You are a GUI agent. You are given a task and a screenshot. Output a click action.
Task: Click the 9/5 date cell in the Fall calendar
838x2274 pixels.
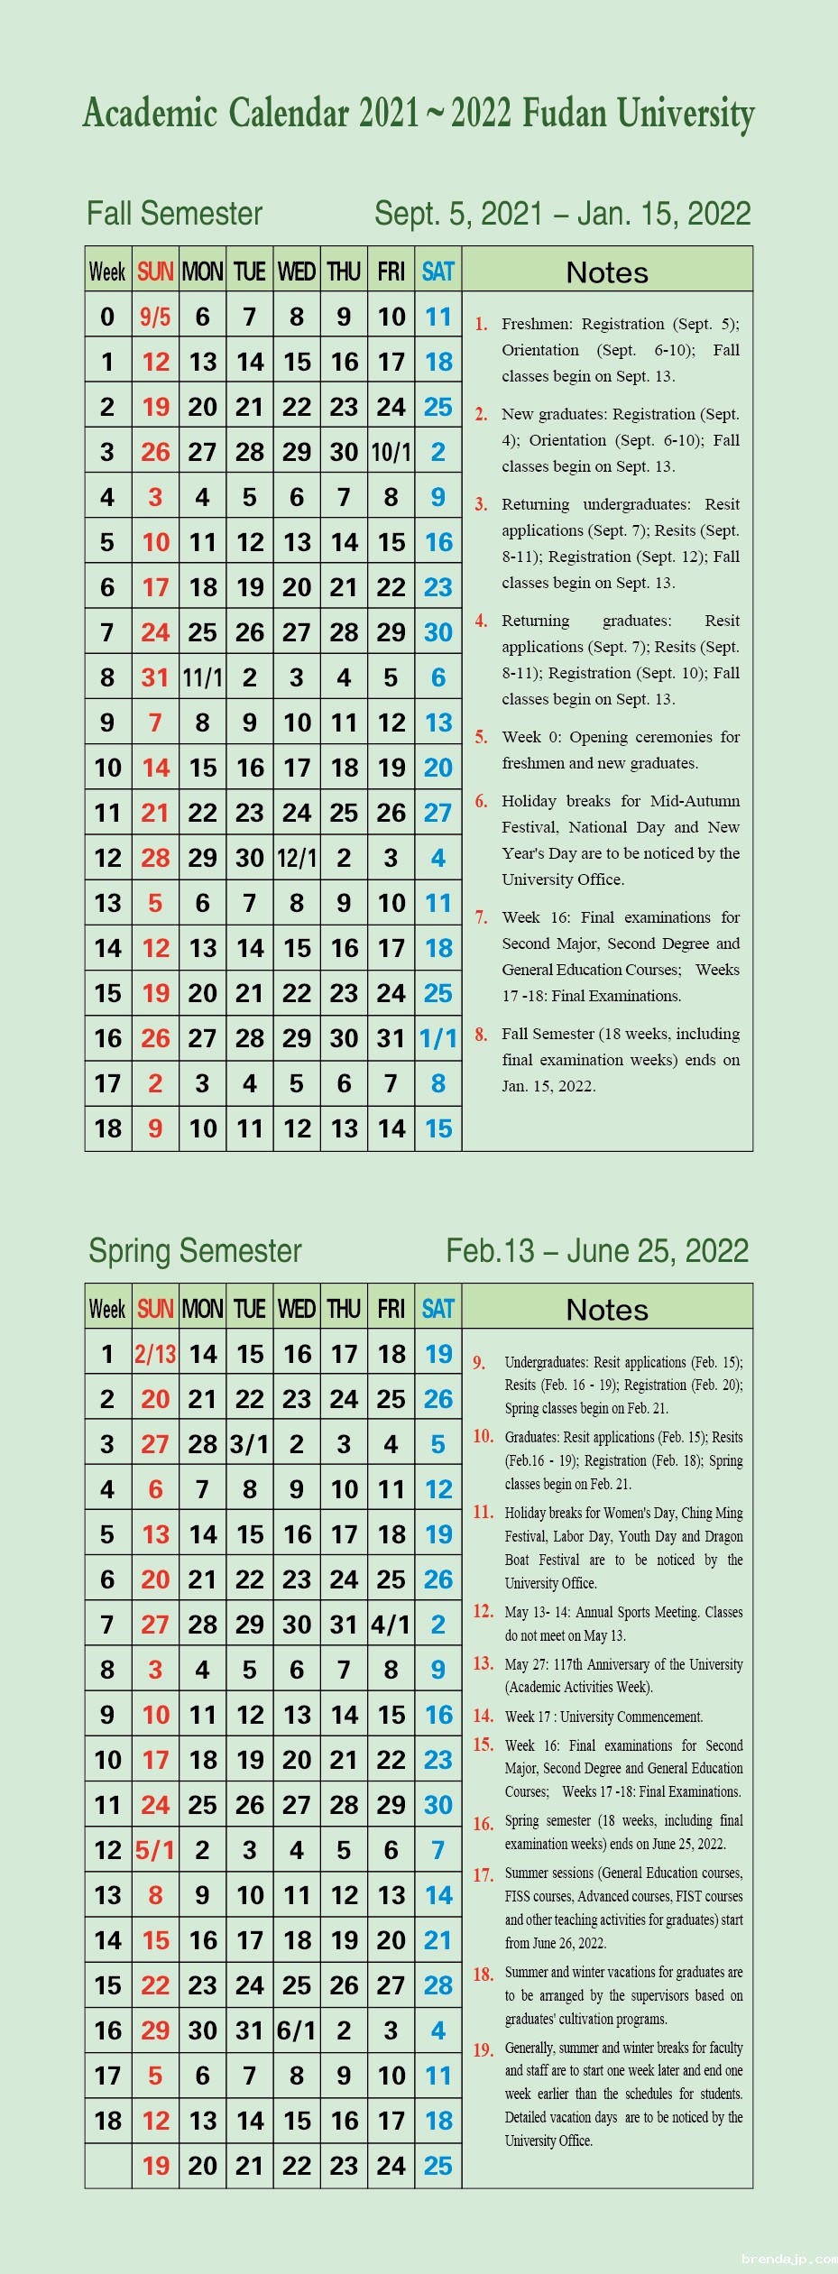coord(155,317)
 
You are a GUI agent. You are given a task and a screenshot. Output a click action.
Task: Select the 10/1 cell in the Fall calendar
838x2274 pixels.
coord(391,452)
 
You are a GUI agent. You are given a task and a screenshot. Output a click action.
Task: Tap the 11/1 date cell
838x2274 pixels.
coord(202,677)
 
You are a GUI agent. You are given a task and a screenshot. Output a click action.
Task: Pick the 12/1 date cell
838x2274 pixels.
coord(297,858)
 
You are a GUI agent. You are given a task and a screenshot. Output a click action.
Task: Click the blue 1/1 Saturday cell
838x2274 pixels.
coord(438,1038)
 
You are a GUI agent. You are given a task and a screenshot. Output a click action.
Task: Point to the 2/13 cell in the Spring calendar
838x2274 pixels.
coord(155,1354)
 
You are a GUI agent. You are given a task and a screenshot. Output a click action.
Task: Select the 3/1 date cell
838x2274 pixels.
coord(250,1444)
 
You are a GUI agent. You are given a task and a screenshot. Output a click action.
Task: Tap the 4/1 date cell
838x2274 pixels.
coord(391,1625)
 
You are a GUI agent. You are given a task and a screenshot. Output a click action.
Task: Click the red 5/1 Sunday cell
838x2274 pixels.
coord(155,1850)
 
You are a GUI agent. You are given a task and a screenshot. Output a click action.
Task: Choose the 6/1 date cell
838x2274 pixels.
coord(297,2030)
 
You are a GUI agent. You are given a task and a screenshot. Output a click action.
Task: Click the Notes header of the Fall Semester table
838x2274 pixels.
coord(607,272)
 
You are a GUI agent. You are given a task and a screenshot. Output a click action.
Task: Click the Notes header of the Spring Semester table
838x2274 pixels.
coord(607,1310)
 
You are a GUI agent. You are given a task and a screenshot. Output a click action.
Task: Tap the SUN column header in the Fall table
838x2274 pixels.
coord(155,272)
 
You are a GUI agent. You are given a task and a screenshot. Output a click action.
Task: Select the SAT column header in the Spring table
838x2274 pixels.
coord(438,1309)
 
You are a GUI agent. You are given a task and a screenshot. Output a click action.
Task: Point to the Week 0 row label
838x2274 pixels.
coord(107,317)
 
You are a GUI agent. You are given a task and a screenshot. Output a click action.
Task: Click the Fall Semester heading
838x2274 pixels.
coord(174,214)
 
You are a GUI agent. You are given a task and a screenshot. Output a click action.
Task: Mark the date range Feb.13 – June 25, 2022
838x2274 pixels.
coord(597,1251)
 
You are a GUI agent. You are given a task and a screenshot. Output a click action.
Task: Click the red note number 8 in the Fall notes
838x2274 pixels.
coord(482,1035)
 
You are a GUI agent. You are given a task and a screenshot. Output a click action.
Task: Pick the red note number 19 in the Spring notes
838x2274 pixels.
coord(483,2050)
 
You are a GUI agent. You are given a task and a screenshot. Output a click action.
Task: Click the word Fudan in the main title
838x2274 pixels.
coord(565,114)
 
